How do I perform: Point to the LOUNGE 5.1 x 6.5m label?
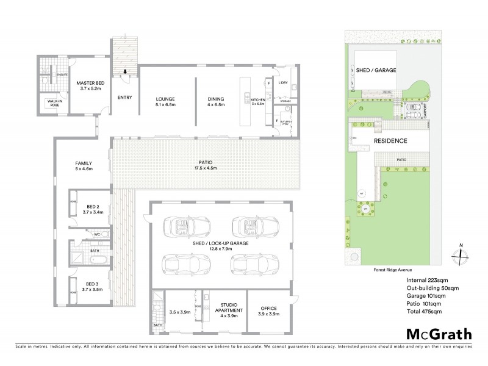click(165, 102)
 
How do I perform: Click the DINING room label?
click(216, 102)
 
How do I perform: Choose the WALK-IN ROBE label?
click(50, 103)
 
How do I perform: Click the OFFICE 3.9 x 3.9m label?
click(268, 310)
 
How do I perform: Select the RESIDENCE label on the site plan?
click(390, 140)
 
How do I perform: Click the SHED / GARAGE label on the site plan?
click(376, 70)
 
